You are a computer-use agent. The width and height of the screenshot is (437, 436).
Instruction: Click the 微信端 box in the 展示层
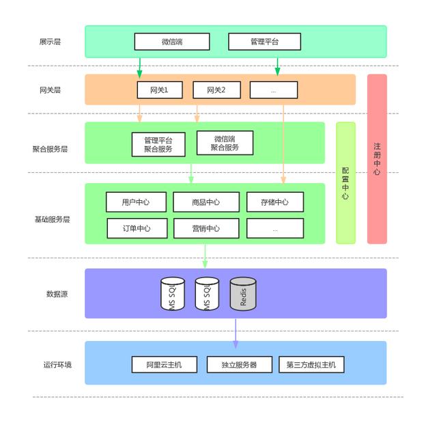click(172, 42)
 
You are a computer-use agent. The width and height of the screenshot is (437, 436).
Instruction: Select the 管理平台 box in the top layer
click(264, 42)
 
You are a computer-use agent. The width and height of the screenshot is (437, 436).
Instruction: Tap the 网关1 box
click(160, 90)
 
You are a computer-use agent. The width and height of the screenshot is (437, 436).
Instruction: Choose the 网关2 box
click(216, 90)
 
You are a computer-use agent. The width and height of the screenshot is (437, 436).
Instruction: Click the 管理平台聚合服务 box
click(158, 144)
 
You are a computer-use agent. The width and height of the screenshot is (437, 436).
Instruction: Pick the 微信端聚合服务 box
click(225, 143)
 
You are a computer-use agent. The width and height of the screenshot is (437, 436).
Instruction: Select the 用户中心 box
click(136, 202)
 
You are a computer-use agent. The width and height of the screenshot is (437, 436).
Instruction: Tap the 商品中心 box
click(206, 202)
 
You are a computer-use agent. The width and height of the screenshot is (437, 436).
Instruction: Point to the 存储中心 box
click(275, 202)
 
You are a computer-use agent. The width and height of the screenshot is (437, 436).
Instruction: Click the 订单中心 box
click(137, 228)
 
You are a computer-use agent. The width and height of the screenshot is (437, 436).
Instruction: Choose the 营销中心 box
click(206, 228)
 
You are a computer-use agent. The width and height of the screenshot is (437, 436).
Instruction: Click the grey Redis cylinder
click(243, 294)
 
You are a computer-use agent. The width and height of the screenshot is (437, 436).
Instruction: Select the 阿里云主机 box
click(164, 365)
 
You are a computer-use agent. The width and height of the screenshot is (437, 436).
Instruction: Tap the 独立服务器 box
click(240, 365)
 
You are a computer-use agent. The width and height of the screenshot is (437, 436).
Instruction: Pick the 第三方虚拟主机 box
click(311, 365)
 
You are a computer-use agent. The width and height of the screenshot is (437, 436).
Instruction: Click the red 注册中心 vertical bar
click(377, 159)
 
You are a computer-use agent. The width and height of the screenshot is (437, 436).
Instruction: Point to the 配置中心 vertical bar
click(346, 183)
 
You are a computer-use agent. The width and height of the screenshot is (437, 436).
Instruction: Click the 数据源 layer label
click(57, 294)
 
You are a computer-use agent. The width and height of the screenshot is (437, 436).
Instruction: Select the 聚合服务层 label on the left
click(50, 149)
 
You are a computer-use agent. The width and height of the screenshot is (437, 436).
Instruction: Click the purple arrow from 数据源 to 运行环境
click(236, 333)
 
